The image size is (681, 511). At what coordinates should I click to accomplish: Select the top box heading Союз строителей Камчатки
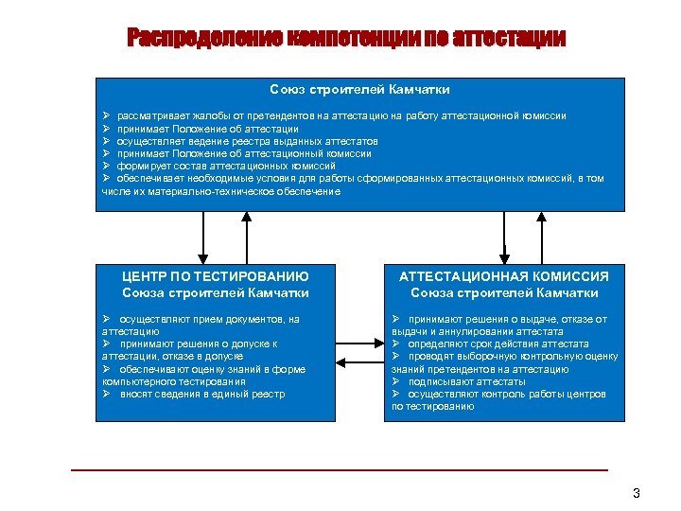(359, 89)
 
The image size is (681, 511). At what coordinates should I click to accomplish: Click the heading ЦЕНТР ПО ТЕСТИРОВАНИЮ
(216, 276)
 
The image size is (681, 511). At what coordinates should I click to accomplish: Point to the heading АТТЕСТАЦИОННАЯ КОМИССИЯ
(504, 276)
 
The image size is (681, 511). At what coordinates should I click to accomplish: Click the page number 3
(637, 493)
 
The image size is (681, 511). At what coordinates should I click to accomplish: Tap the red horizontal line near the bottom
(340, 469)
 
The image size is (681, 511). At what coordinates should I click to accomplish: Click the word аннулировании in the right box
(480, 332)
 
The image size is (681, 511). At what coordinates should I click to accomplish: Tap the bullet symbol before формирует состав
(108, 166)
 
